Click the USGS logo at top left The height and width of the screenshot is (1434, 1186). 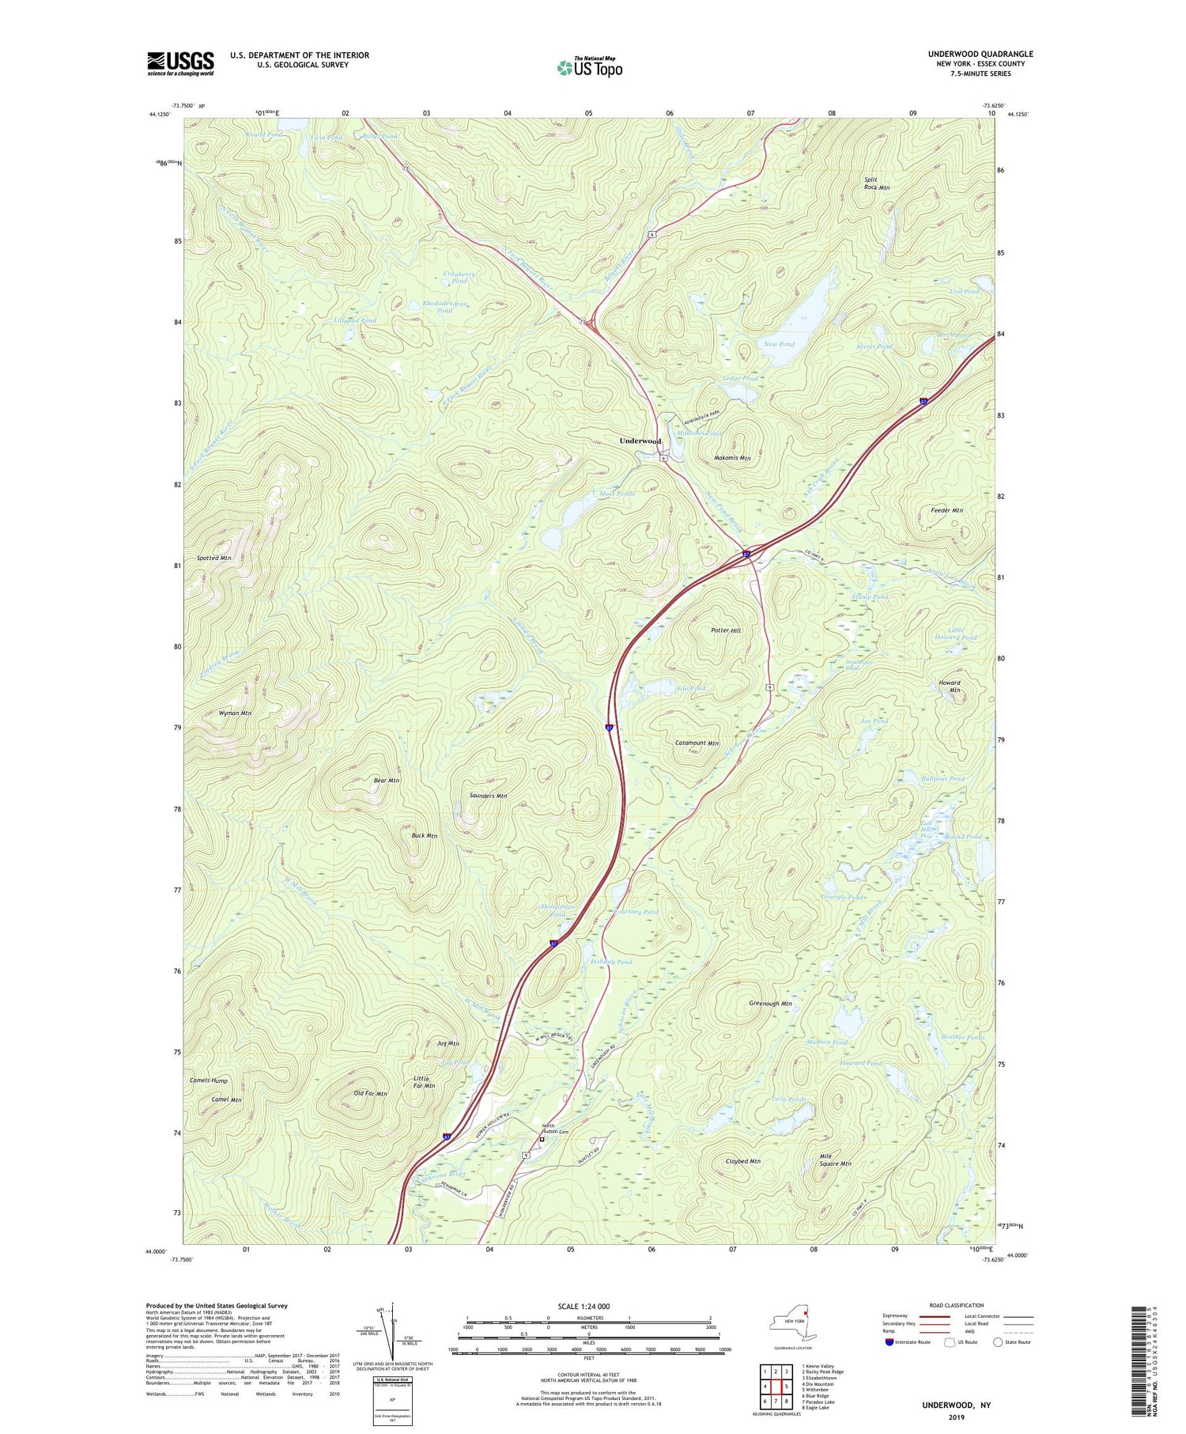pyautogui.click(x=180, y=63)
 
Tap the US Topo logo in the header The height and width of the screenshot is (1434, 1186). pyautogui.click(x=589, y=67)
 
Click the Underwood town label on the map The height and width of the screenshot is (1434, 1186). pyautogui.click(x=640, y=441)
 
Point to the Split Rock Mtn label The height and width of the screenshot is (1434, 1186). pyautogui.click(x=876, y=184)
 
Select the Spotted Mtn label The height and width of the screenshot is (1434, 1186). pyautogui.click(x=214, y=558)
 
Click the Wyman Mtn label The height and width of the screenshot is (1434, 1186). pyautogui.click(x=235, y=713)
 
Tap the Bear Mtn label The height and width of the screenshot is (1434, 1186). pyautogui.click(x=387, y=781)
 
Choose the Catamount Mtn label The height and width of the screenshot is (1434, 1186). pyautogui.click(x=697, y=743)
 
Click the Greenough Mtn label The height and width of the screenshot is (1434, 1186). pyautogui.click(x=770, y=1004)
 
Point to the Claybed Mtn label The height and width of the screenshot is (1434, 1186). pyautogui.click(x=742, y=1161)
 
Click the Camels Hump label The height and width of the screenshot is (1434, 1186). pyautogui.click(x=209, y=1080)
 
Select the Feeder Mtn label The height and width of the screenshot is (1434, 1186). pyautogui.click(x=946, y=511)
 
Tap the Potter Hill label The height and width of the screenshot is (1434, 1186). pyautogui.click(x=725, y=630)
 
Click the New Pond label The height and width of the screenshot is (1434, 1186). pyautogui.click(x=779, y=344)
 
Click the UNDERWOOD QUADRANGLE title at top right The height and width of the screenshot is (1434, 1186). pyautogui.click(x=980, y=54)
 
